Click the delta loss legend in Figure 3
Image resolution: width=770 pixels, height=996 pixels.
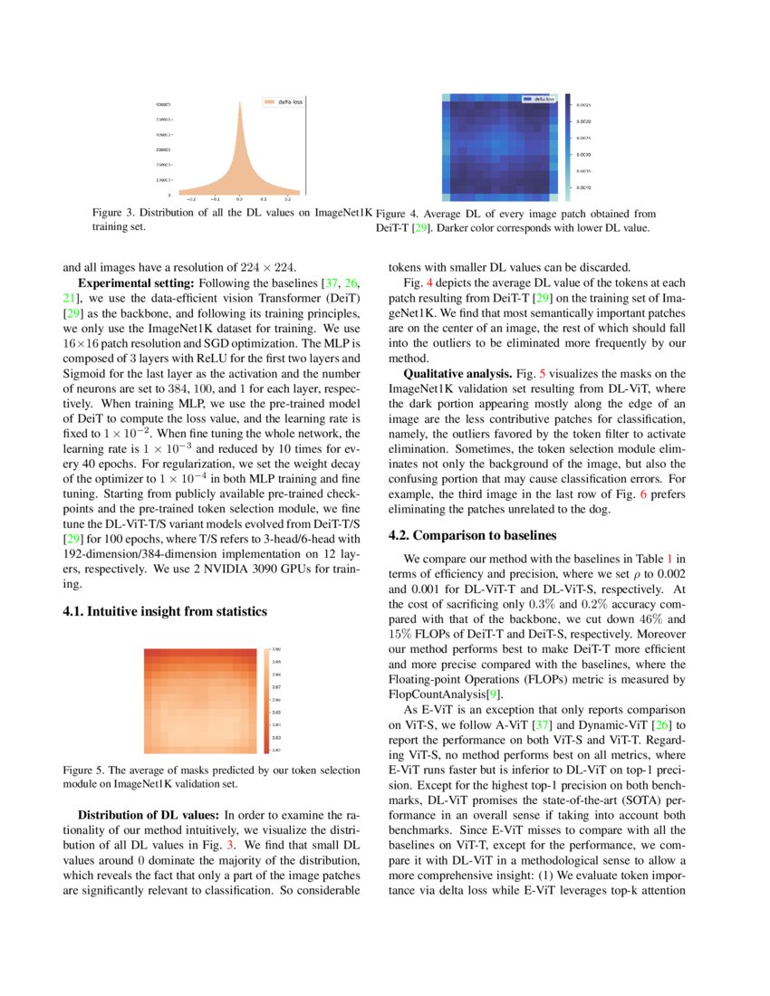284,102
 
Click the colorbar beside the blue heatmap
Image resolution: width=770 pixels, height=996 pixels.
567,146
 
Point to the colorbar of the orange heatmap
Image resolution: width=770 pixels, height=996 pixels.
266,699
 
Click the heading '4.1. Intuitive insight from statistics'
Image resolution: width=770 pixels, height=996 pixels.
164,611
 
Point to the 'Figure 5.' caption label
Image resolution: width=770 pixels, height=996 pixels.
82,770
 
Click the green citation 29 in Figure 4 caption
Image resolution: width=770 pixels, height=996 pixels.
421,228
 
